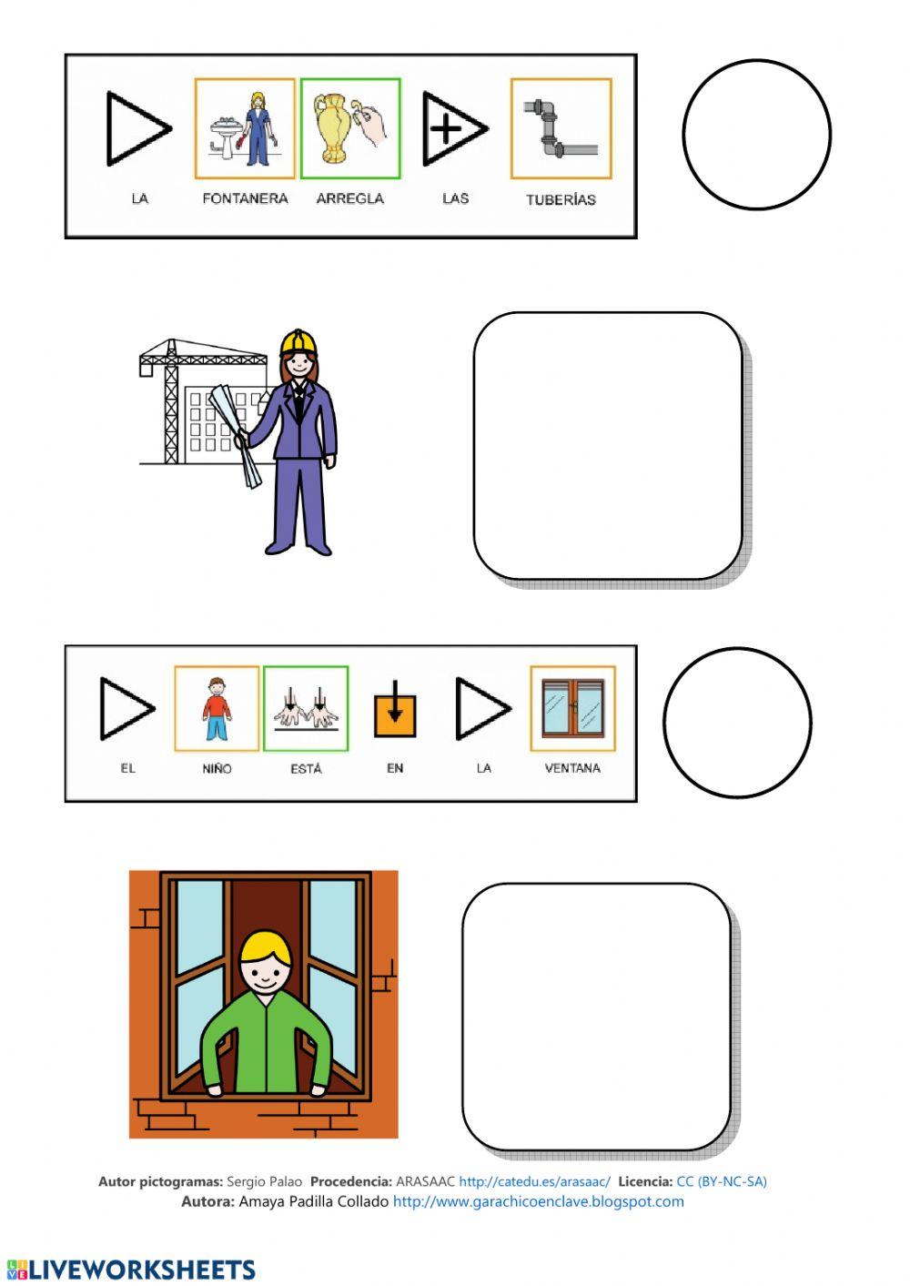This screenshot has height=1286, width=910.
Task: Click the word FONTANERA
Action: (245, 198)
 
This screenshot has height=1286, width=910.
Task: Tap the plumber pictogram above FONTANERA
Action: (245, 128)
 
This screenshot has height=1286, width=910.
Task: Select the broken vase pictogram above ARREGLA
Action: (350, 128)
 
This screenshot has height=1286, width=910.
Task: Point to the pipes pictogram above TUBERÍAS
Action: (561, 128)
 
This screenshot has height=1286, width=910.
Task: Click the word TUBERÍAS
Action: (561, 200)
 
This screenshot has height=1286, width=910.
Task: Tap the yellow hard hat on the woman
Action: (298, 342)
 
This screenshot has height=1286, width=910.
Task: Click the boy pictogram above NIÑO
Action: (217, 708)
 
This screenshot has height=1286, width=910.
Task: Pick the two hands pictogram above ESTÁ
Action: (306, 708)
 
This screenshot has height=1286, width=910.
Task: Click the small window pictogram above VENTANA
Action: (573, 708)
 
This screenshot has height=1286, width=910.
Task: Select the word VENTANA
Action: (572, 768)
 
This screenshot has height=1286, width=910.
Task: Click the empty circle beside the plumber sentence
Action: (757, 135)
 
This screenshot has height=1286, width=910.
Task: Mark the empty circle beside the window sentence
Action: (738, 723)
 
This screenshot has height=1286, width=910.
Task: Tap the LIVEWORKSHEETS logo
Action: (131, 1270)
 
